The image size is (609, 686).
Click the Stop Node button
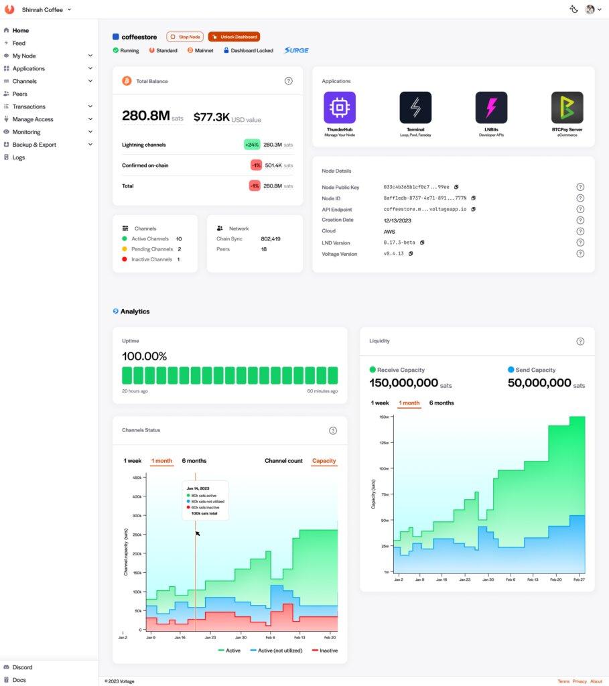click(x=184, y=37)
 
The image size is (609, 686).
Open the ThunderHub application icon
click(x=340, y=108)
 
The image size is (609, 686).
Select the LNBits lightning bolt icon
click(x=491, y=108)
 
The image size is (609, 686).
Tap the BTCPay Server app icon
click(x=567, y=108)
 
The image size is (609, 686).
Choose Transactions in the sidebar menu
click(x=29, y=107)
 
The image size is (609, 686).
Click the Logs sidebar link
click(x=18, y=157)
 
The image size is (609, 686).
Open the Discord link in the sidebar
click(x=22, y=667)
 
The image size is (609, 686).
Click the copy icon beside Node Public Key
click(x=456, y=187)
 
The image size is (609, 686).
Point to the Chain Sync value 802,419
click(x=271, y=238)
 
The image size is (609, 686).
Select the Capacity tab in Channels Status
click(x=324, y=461)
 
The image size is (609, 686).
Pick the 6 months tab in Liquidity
click(x=442, y=403)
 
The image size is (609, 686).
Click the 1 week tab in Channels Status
click(x=133, y=461)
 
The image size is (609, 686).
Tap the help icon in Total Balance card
click(x=289, y=81)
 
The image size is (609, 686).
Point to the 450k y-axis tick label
click(x=137, y=478)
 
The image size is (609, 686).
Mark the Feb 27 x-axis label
click(x=579, y=579)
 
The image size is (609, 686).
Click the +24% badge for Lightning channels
click(x=252, y=144)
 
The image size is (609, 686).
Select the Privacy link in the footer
click(x=580, y=681)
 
